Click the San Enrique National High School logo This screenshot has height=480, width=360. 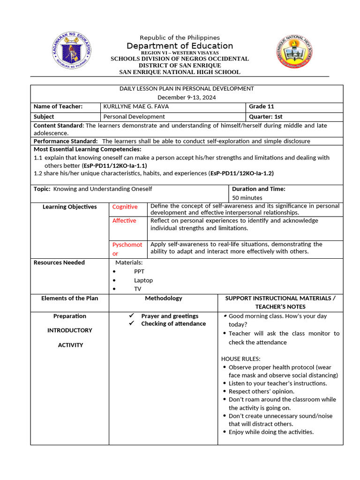(294, 51)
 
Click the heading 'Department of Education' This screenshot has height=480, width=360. (180, 45)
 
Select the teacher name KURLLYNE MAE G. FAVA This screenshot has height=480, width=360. (136, 106)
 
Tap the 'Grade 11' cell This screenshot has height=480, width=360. (262, 106)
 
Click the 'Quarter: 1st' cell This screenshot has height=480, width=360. (265, 117)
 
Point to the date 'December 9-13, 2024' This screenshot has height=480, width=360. (187, 97)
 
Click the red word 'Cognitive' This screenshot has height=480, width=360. (125, 207)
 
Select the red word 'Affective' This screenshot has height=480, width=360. (124, 221)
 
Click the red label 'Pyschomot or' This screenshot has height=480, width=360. (127, 249)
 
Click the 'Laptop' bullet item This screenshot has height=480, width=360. (143, 280)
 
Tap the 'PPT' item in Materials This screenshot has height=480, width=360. (139, 271)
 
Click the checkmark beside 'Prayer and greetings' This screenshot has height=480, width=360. (132, 316)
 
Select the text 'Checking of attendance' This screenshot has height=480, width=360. (173, 324)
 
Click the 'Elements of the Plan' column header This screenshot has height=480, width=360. (70, 298)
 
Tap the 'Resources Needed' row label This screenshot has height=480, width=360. (59, 262)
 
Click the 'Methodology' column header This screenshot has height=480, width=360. (163, 298)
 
